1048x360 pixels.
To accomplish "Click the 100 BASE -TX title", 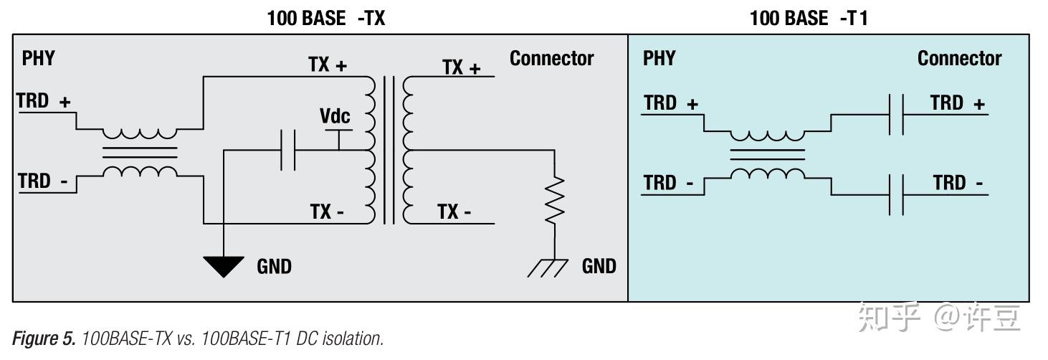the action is tap(325, 18).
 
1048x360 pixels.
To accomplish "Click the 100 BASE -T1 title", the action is tap(809, 18).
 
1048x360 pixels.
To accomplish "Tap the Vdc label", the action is tap(335, 115).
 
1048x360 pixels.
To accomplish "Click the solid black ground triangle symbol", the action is tap(224, 267).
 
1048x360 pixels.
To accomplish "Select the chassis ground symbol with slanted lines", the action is tap(548, 267).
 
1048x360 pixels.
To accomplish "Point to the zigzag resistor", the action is tap(555, 200).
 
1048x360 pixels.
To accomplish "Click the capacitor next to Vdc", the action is tap(287, 151).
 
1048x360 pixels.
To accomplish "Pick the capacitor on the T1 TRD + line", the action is tap(897, 114).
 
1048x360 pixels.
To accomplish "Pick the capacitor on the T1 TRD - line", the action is tap(897, 195).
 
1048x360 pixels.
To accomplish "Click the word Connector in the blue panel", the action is tap(959, 58).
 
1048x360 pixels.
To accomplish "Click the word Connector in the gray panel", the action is tap(552, 58).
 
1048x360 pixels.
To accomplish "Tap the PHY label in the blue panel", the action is tap(659, 58).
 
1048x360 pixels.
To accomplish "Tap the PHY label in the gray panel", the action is tap(39, 58).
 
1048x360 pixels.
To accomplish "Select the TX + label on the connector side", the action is tap(462, 67).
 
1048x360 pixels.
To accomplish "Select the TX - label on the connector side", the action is tap(454, 212).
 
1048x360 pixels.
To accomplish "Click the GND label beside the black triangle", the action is tap(274, 266).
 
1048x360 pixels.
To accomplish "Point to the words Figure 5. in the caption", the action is tap(44, 338).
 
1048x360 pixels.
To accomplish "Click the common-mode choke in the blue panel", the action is tap(767, 154).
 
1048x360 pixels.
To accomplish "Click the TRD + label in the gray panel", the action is tap(43, 100).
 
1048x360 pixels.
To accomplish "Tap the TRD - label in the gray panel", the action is tap(43, 181).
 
